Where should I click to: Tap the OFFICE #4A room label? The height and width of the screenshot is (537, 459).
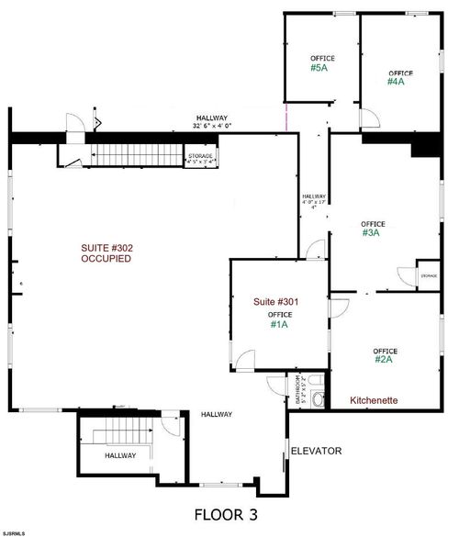click(x=400, y=77)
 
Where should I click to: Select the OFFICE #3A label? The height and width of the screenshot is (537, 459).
click(x=372, y=229)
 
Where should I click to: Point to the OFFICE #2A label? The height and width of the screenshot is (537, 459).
click(x=385, y=355)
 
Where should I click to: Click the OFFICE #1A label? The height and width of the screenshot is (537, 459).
click(x=279, y=319)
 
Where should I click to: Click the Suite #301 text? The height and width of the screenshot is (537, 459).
click(x=276, y=301)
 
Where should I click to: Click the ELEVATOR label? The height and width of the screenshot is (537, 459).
click(x=316, y=451)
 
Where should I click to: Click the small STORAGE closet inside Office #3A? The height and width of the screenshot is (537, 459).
click(x=428, y=275)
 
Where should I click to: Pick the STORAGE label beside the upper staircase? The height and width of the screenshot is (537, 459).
click(x=201, y=160)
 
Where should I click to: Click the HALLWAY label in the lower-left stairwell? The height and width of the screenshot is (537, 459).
click(x=119, y=455)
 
